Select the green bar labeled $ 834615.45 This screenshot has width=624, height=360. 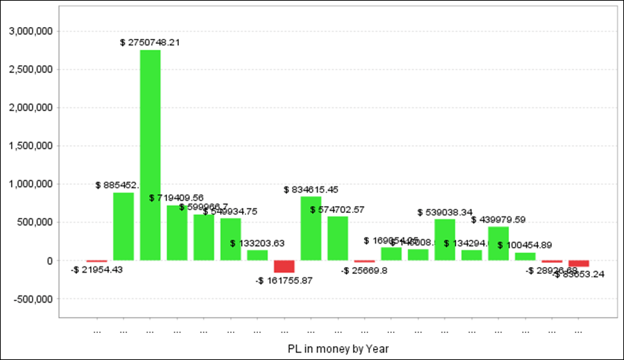(x=311, y=228)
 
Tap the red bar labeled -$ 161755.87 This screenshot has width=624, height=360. (x=284, y=267)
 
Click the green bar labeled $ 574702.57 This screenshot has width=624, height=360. (x=338, y=239)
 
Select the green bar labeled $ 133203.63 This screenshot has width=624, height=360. (x=257, y=255)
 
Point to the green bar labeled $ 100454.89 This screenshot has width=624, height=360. (x=525, y=257)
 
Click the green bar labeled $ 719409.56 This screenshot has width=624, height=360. (x=177, y=233)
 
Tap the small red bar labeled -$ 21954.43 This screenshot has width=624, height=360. (x=96, y=262)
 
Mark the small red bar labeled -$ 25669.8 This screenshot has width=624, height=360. (x=364, y=262)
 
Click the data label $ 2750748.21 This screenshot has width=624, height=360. (x=150, y=43)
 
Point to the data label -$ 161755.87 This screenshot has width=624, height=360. (x=284, y=280)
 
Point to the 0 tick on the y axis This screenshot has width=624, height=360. (x=50, y=262)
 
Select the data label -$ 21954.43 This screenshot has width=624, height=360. (x=97, y=270)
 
